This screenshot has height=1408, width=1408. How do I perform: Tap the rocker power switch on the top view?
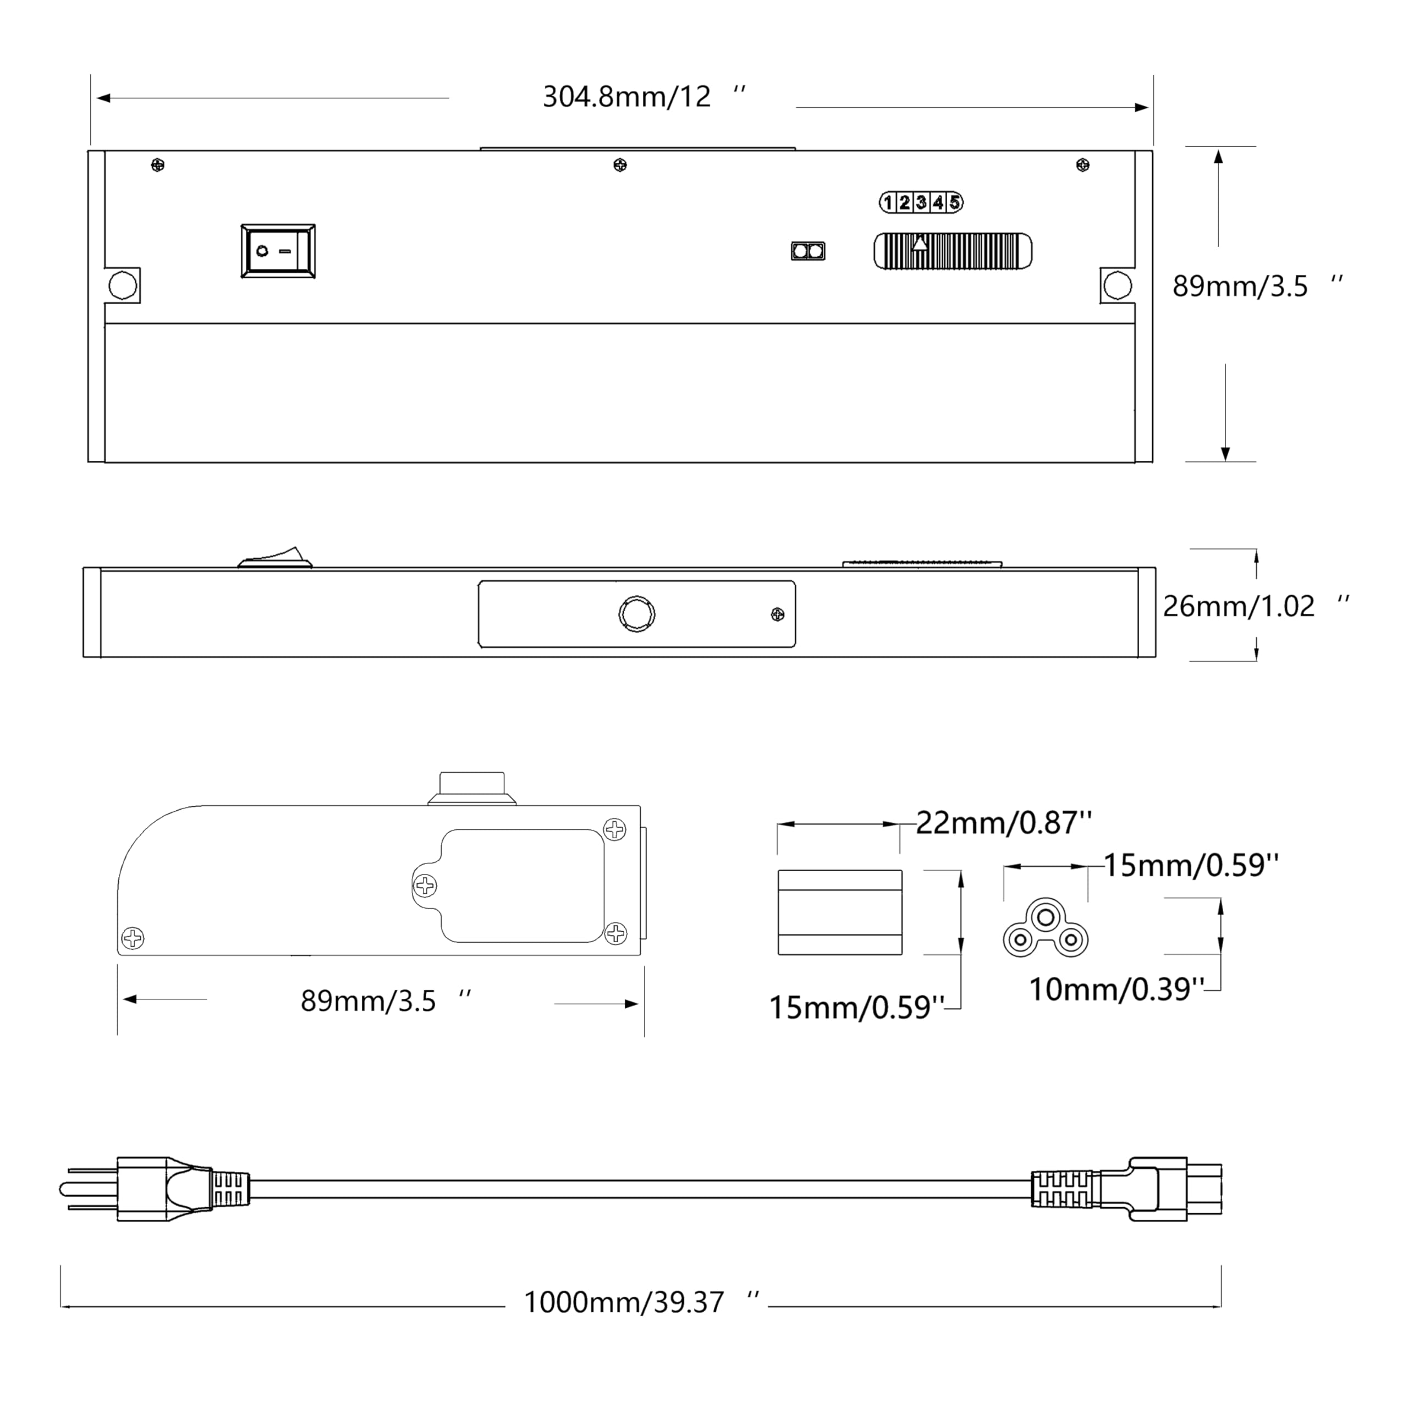click(x=278, y=251)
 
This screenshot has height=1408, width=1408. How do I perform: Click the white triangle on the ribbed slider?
click(x=921, y=243)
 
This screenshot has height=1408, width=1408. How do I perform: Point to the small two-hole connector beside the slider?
click(x=808, y=251)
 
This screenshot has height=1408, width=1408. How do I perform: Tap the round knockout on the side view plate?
click(x=636, y=614)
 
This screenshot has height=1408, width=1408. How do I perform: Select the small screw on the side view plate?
click(x=778, y=615)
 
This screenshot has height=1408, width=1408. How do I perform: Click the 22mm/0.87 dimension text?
click(x=1004, y=823)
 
